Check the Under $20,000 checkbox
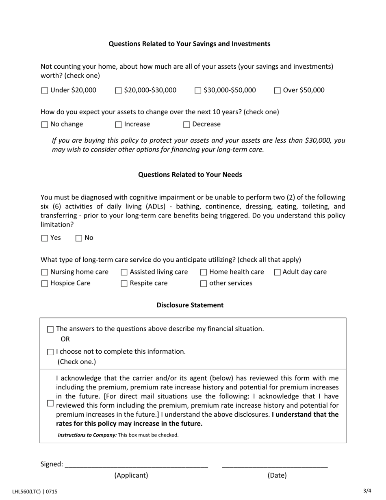point(45,91)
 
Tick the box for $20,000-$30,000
point(119,91)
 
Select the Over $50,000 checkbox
point(278,91)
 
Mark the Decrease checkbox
point(186,125)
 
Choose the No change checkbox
point(45,125)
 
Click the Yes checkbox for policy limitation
point(45,238)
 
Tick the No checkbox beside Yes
point(79,238)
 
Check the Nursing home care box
point(45,272)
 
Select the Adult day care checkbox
point(278,272)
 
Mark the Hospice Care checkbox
point(45,284)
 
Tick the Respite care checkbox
point(124,284)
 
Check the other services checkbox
point(204,284)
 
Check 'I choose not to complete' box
point(50,352)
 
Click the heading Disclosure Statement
point(190,305)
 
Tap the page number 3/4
point(367,491)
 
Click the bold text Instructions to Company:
point(87,435)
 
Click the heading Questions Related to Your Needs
point(190,174)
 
